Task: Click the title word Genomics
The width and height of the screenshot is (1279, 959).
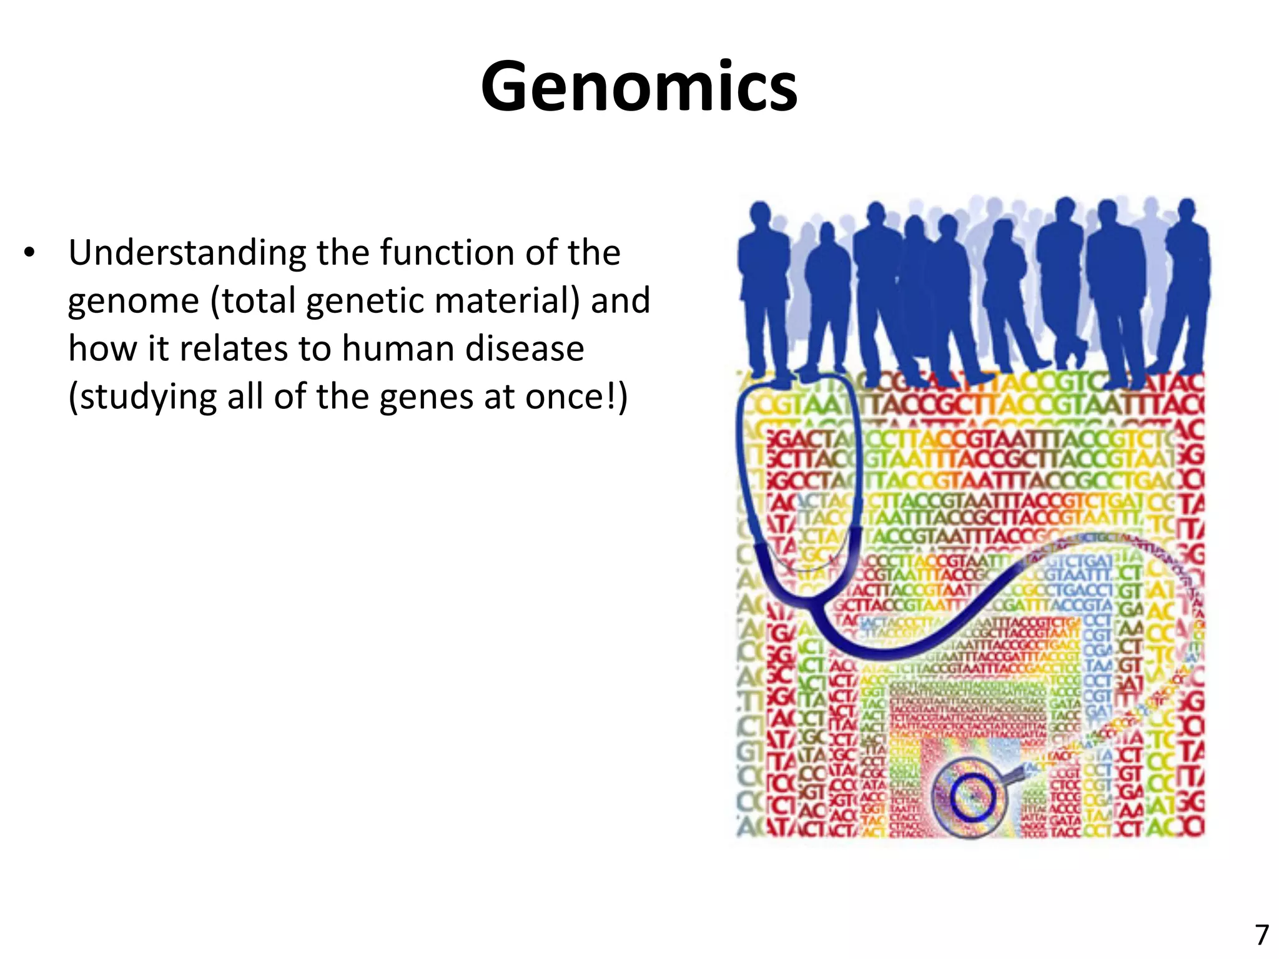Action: point(639,86)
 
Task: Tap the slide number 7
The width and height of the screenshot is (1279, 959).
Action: point(1262,935)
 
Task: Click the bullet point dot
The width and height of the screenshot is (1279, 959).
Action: point(29,253)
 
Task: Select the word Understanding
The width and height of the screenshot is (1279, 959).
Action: point(187,254)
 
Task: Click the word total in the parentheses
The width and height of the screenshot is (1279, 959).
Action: point(253,300)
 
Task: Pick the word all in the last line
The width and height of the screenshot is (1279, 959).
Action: point(246,396)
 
